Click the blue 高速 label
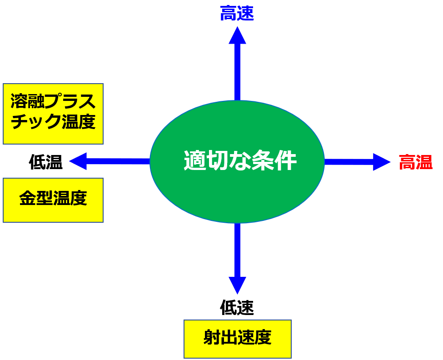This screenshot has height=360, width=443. click(237, 14)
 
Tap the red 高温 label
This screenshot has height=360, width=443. click(415, 162)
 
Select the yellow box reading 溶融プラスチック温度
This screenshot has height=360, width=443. click(53, 114)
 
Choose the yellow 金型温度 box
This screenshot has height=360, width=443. click(53, 200)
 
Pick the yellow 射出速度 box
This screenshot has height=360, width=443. click(237, 339)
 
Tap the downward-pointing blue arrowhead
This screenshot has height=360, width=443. click(237, 285)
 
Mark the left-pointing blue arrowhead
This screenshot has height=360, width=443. click(78, 161)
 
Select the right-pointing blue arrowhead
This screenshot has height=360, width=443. click(381, 162)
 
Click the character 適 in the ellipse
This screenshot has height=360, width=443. click(194, 161)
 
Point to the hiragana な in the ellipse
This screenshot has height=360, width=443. click(240, 161)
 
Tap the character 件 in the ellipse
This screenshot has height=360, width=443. click(286, 161)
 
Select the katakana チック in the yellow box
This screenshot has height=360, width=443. click(36, 121)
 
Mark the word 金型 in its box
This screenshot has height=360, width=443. click(36, 199)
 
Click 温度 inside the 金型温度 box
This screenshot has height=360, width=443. click(70, 199)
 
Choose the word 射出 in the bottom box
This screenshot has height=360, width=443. click(220, 338)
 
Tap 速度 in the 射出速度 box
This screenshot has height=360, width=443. click(254, 338)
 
